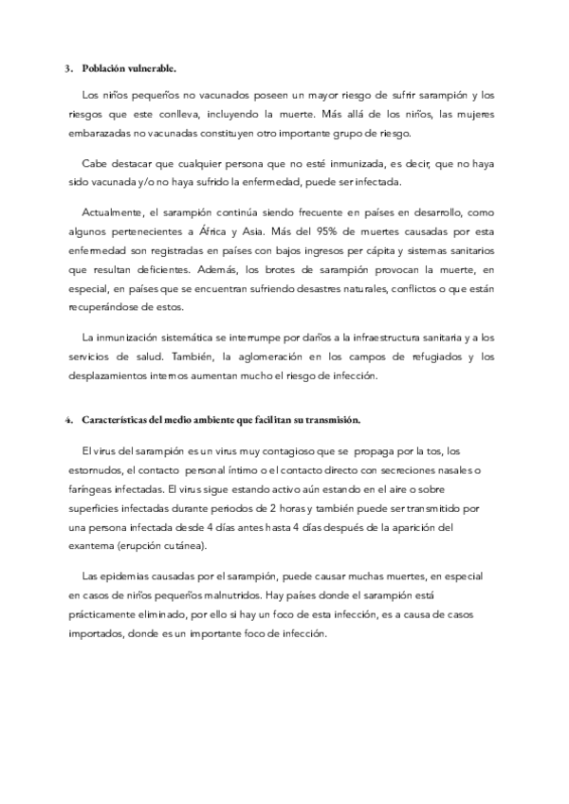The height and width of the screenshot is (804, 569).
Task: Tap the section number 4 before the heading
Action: [x=67, y=420]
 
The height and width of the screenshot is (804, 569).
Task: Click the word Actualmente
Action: [x=115, y=216]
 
